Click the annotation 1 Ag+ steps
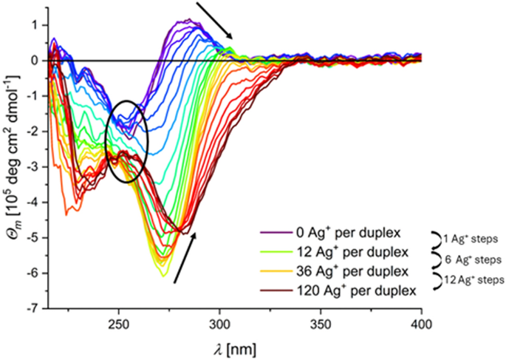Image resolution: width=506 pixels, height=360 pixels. tap(466, 239)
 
